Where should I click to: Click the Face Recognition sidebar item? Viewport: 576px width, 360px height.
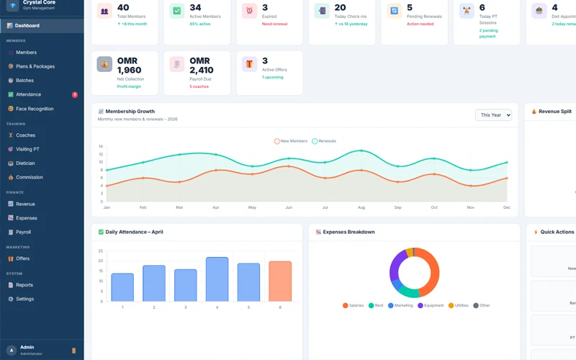35,109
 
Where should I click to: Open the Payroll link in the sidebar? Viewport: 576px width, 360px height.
24,232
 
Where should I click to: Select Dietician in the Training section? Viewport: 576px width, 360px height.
25,163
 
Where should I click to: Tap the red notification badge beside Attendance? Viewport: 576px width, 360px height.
75,94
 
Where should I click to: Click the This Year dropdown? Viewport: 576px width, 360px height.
493,115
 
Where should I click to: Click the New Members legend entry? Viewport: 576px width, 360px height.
291,141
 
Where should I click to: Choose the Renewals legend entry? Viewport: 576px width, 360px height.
325,141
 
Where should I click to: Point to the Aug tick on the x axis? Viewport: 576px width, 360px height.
361,207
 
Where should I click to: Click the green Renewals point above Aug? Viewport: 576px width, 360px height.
361,151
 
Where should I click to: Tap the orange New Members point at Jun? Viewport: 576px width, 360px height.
289,166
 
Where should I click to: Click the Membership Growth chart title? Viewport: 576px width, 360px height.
130,112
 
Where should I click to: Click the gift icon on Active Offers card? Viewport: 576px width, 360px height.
249,64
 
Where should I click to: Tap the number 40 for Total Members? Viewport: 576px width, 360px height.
123,8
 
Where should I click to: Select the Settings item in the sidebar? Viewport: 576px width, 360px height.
24,299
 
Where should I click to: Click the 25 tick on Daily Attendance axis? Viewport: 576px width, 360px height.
101,251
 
